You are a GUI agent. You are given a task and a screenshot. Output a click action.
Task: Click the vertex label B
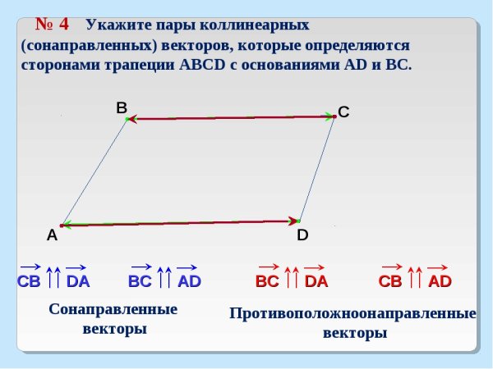coord(121,107)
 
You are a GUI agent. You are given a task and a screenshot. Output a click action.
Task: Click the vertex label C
coord(343,113)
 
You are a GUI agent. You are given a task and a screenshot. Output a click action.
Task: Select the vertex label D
coord(302,235)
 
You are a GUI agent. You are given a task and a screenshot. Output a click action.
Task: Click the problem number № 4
coord(51,23)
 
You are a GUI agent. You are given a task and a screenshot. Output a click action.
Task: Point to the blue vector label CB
coord(29,281)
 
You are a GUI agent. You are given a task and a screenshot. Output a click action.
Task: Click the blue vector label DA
coord(78,281)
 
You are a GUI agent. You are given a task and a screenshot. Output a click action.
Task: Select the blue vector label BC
coord(140,281)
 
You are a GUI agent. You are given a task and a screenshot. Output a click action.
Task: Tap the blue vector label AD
coord(189,281)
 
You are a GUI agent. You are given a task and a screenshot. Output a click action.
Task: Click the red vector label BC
coord(267,281)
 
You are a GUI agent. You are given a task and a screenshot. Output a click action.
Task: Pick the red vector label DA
coord(316,281)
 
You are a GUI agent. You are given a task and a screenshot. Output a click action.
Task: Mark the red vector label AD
coord(440,281)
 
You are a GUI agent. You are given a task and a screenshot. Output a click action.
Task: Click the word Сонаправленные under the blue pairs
coord(113,311)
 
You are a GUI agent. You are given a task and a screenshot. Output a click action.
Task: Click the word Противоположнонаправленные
coord(353,314)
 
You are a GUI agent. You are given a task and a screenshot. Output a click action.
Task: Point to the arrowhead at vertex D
coord(293,221)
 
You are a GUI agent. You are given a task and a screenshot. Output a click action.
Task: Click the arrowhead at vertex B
coord(133,120)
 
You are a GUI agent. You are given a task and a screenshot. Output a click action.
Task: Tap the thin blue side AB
coord(94,172)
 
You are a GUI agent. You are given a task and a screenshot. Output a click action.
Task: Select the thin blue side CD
coord(317,169)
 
